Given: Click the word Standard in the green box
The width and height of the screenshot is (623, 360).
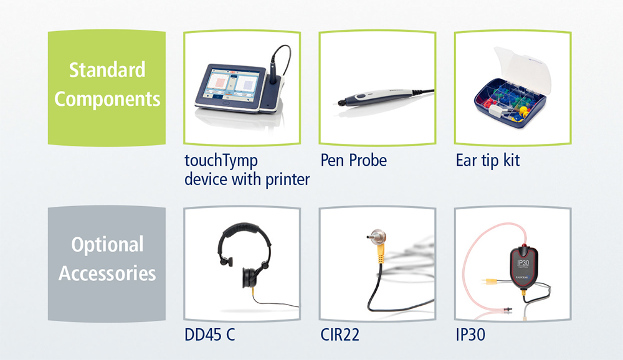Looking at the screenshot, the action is coord(107,70).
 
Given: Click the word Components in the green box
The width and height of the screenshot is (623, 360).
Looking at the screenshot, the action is coord(107,99).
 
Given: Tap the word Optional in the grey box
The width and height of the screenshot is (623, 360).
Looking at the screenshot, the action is coord(107,244).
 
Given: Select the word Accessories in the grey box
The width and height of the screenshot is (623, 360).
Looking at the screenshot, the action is coord(107,273).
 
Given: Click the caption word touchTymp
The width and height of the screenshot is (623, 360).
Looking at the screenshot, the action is coord(221,161).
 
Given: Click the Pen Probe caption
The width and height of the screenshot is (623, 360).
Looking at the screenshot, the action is coord(354,160).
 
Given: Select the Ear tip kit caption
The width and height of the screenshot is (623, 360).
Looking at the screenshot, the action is coord(488,161).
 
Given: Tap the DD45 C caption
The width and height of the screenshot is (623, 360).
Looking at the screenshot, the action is coord(209,334).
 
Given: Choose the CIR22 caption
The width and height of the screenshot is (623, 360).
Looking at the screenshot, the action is coord(340,334).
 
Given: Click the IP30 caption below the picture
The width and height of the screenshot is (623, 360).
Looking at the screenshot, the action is coord(470,334).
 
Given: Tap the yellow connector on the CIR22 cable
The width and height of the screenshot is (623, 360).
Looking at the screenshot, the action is coord(381,253).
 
